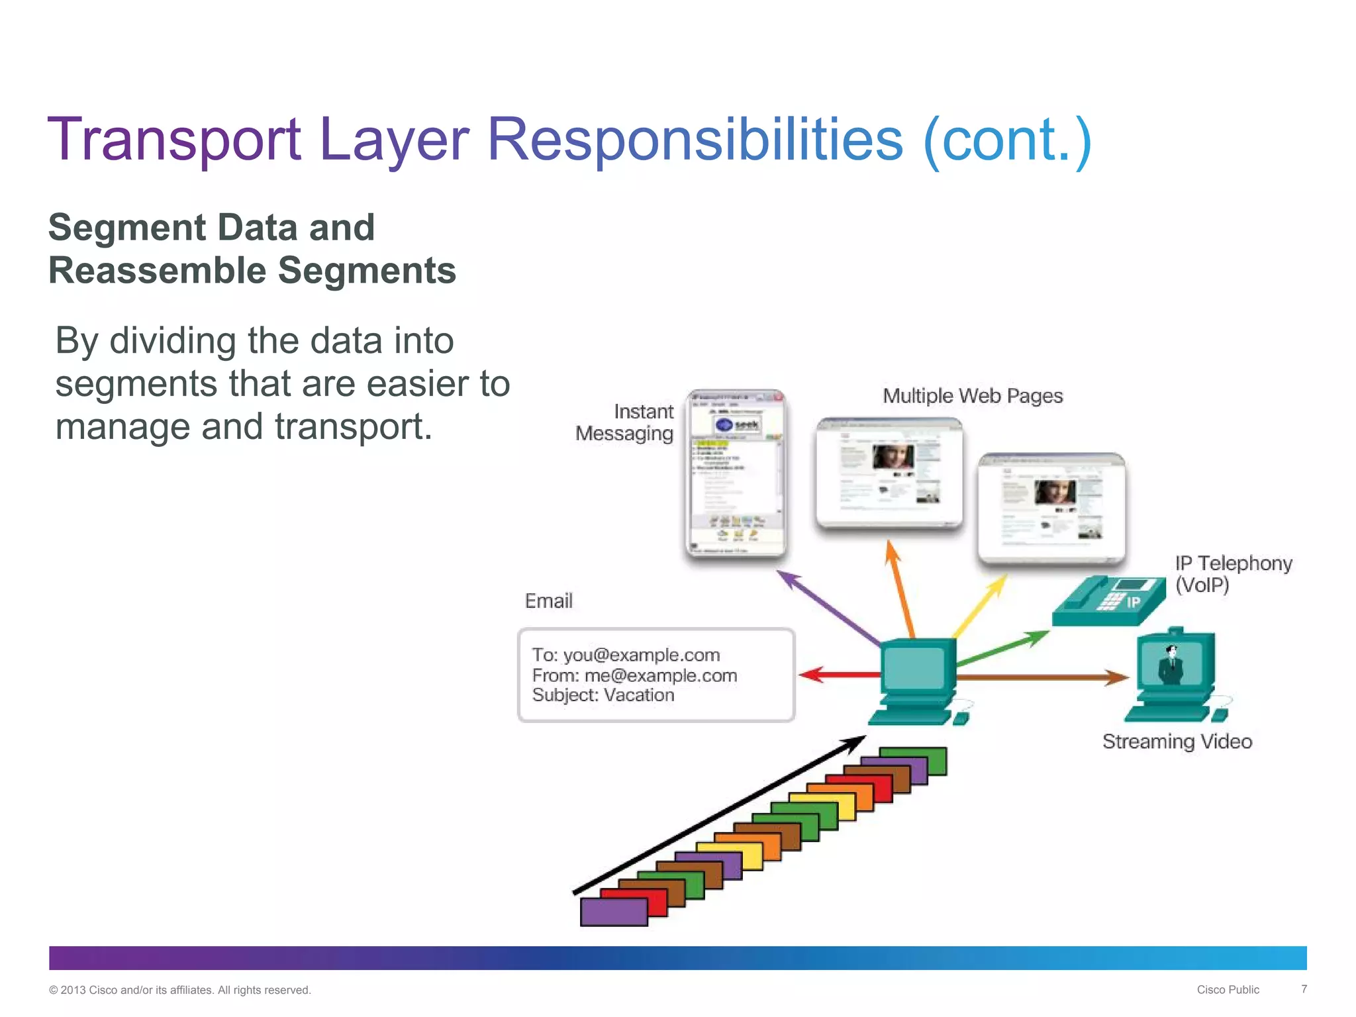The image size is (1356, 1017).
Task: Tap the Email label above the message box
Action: (x=548, y=601)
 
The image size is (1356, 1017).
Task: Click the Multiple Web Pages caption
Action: (x=972, y=396)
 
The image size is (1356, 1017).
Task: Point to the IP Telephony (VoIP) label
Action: (x=1232, y=573)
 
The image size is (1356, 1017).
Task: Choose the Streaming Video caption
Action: (x=1177, y=742)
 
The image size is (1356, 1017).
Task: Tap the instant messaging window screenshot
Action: (x=735, y=473)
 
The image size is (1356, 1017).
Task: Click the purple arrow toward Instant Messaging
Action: (x=828, y=606)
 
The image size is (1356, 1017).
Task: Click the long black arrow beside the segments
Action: (x=718, y=815)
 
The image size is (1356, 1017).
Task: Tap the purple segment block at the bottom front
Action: (x=613, y=912)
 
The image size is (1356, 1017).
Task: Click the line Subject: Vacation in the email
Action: (x=603, y=695)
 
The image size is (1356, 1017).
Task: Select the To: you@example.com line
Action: (x=625, y=655)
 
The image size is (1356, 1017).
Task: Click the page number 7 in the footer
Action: (x=1304, y=989)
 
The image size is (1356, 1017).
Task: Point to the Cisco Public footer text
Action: (x=1228, y=990)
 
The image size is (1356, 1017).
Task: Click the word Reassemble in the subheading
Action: (x=157, y=271)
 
